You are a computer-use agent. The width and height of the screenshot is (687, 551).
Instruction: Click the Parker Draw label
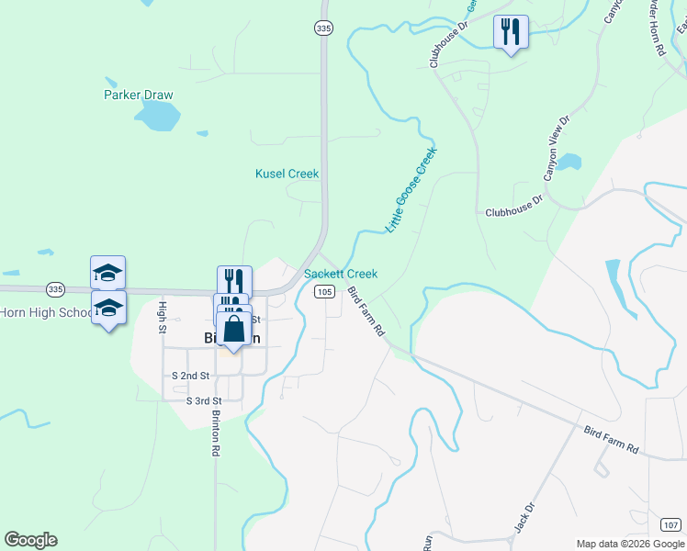[138, 95]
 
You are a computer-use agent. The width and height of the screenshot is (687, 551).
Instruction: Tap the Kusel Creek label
[287, 174]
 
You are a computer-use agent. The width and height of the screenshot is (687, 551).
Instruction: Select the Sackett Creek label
[341, 274]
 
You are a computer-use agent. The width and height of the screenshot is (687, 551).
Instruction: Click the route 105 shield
[323, 291]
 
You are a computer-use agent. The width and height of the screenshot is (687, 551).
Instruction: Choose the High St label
[163, 317]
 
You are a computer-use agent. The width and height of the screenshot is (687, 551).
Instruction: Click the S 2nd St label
[190, 377]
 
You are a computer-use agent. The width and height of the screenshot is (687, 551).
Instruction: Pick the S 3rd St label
[204, 401]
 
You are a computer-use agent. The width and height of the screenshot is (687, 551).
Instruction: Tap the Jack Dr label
[525, 518]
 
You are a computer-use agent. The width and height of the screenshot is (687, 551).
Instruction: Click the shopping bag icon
[234, 328]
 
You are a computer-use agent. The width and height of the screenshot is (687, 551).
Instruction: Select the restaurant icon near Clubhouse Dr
[510, 32]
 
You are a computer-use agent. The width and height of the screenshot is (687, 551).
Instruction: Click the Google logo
[30, 540]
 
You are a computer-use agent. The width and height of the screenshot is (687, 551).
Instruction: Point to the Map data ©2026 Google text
[629, 543]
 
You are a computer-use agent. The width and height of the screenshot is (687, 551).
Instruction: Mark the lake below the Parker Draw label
[157, 115]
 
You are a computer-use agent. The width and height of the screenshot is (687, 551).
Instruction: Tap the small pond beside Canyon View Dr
[569, 163]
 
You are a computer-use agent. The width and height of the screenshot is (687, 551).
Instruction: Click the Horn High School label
[46, 312]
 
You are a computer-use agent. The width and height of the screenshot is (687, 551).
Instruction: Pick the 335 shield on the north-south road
[322, 29]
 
